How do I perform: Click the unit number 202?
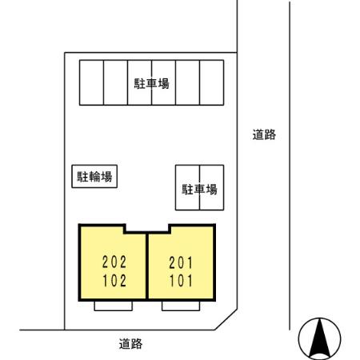point(114,261)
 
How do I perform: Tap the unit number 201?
point(181,261)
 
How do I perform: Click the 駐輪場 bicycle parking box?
point(94,176)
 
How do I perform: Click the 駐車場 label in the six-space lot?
point(151,82)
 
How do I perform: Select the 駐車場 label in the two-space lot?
point(200,190)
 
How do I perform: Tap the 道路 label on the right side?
point(264,135)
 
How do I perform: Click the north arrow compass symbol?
point(318,339)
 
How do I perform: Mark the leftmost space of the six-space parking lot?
point(90,82)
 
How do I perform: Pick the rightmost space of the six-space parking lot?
point(210,82)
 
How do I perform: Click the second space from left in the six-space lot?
point(114,82)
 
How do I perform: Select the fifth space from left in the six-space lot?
point(186,82)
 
